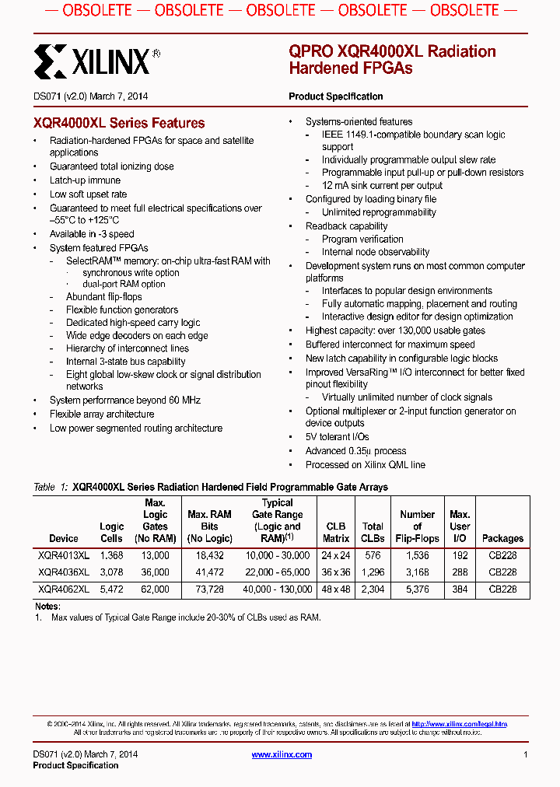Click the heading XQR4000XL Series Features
[x=119, y=123]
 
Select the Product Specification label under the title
[x=335, y=96]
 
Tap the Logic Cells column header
[x=111, y=533]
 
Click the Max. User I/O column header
[x=460, y=526]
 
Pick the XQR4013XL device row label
[x=64, y=555]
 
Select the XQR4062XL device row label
[x=64, y=589]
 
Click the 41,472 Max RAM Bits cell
[x=209, y=572]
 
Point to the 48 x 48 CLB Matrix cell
[x=335, y=589]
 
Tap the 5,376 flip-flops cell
[x=417, y=589]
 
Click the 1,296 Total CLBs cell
[x=373, y=572]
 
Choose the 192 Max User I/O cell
[x=460, y=555]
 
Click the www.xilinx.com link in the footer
[x=282, y=754]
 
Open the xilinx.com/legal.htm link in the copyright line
[x=459, y=724]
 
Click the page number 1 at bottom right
[x=526, y=754]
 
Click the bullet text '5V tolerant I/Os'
[x=337, y=437]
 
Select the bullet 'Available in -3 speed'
[x=92, y=234]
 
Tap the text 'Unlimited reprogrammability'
[x=379, y=212]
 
